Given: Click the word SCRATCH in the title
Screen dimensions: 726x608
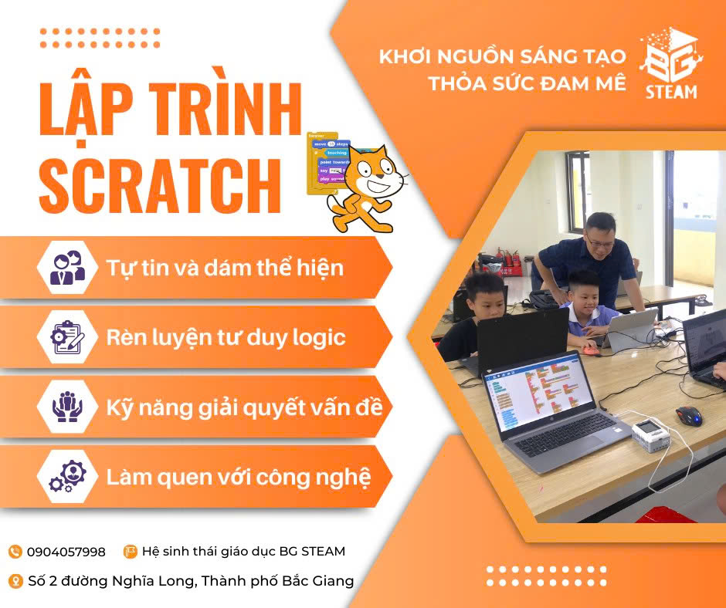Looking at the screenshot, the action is click(x=160, y=186).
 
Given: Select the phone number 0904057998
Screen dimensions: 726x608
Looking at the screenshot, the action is click(x=66, y=552).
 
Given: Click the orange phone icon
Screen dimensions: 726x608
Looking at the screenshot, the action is click(x=15, y=552).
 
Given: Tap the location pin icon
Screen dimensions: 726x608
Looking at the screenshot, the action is click(x=15, y=581).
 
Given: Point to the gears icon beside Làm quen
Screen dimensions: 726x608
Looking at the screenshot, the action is click(x=68, y=476).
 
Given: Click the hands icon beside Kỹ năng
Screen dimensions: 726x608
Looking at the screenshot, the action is click(x=67, y=407).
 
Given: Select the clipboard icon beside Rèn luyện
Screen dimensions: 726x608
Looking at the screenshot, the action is click(x=67, y=337).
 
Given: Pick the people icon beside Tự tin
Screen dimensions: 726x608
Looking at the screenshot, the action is click(x=68, y=268).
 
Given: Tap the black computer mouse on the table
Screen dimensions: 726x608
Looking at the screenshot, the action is click(x=689, y=415).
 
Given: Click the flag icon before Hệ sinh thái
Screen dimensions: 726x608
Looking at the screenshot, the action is click(x=130, y=552).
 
